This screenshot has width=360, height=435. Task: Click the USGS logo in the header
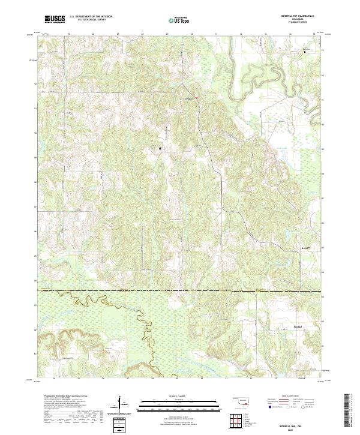[x=55, y=20]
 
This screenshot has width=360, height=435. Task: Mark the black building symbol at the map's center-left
[x=160, y=148]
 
